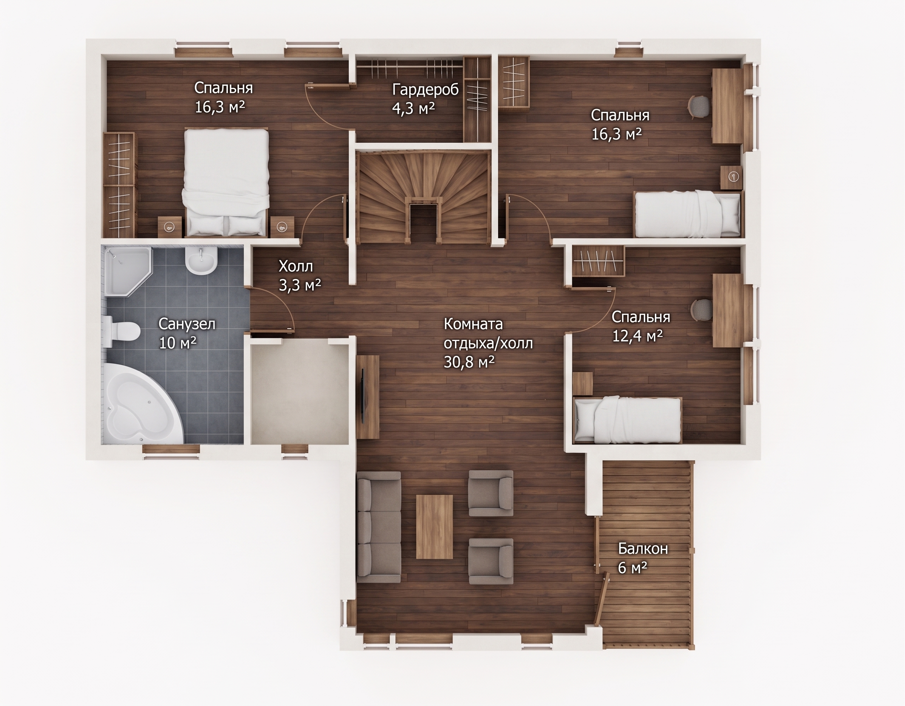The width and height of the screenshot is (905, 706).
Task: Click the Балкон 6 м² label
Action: pyautogui.click(x=643, y=558)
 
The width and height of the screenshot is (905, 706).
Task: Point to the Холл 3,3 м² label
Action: pyautogui.click(x=300, y=275)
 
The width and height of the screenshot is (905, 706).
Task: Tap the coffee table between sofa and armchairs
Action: pyautogui.click(x=434, y=526)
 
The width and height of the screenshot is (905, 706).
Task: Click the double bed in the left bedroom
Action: pyautogui.click(x=226, y=182)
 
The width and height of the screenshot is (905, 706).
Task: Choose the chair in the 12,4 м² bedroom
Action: pyautogui.click(x=702, y=309)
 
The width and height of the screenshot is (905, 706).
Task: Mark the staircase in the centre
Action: pyautogui.click(x=423, y=197)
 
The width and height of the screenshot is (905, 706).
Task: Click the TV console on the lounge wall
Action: pyautogui.click(x=367, y=397)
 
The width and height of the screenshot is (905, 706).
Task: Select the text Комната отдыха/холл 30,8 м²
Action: pyautogui.click(x=488, y=343)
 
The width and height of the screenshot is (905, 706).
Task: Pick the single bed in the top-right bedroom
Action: pyautogui.click(x=688, y=214)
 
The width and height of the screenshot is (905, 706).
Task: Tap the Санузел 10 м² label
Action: pyautogui.click(x=187, y=333)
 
